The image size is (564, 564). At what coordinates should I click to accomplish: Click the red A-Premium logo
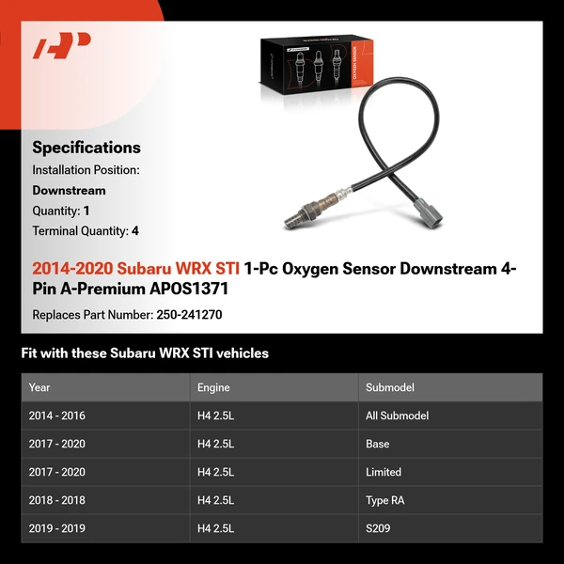coord(62,45)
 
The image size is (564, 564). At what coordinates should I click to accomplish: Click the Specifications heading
coord(86,148)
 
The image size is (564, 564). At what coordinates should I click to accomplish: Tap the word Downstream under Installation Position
coord(69,190)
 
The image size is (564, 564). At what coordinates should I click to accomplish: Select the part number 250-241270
coord(188,316)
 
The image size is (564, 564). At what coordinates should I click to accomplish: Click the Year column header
coord(39,387)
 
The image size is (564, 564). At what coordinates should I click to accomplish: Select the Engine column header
coord(213,387)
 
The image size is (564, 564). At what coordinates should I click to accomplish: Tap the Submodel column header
coord(390,387)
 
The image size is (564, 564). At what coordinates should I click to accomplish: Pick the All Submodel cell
coord(397,415)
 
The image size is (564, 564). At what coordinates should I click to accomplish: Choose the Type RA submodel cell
coord(386,500)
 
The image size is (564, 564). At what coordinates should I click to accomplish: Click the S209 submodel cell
coord(378,528)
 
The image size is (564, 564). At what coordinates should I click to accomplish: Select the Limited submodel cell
coord(384,472)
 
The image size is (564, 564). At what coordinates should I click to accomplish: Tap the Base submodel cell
coord(378,444)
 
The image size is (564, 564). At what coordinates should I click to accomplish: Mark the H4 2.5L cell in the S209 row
coord(215,528)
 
